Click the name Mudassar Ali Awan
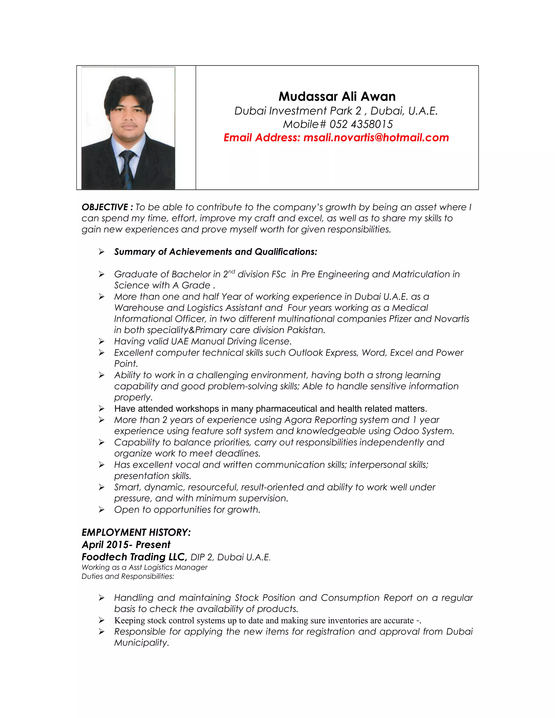click(x=337, y=97)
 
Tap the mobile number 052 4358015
click(x=361, y=124)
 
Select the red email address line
click(x=336, y=137)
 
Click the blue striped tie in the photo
click(x=127, y=168)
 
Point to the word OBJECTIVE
click(x=105, y=207)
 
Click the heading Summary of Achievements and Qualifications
click(x=215, y=252)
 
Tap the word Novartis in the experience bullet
click(x=452, y=319)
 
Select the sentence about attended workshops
click(x=270, y=409)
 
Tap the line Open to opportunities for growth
click(x=187, y=510)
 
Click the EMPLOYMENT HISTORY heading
click(x=136, y=532)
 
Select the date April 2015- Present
click(x=126, y=545)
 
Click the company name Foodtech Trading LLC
click(x=134, y=557)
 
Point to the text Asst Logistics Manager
click(x=168, y=567)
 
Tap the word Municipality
click(x=141, y=643)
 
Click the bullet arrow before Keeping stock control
click(x=102, y=620)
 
